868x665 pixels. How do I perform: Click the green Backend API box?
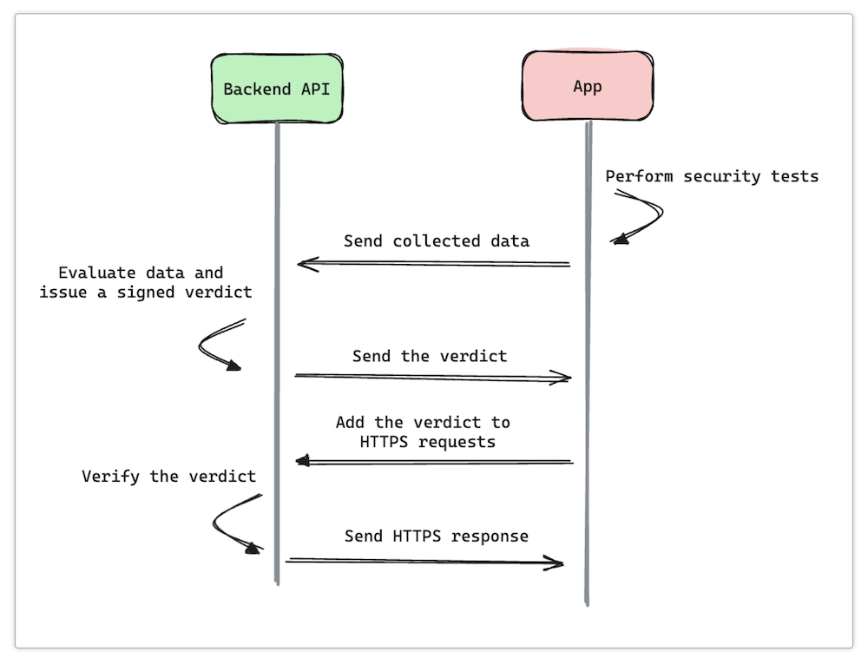(277, 89)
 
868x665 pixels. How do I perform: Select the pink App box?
(588, 86)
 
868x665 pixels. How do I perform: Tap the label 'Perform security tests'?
(712, 176)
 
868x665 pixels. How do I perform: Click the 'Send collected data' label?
(436, 240)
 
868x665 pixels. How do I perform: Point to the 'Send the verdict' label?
(430, 356)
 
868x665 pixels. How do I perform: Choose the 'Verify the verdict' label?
(168, 476)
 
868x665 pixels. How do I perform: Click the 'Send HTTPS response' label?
(436, 536)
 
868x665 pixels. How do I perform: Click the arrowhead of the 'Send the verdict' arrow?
(564, 378)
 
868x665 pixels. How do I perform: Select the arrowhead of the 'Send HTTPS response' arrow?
(556, 563)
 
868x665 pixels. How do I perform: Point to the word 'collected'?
(431, 240)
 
